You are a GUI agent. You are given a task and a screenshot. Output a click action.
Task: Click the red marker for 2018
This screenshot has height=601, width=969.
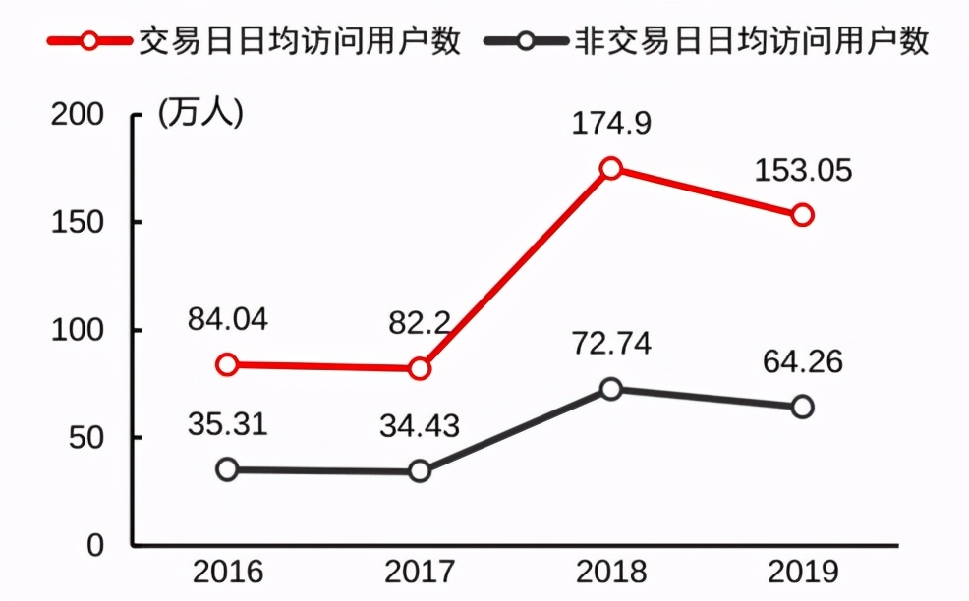[x=611, y=168]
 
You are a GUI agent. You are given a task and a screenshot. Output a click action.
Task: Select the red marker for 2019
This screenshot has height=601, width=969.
[x=802, y=215]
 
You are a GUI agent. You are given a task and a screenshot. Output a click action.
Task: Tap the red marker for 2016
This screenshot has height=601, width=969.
[x=227, y=364]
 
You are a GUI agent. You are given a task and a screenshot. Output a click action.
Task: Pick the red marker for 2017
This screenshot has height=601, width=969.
[x=420, y=368]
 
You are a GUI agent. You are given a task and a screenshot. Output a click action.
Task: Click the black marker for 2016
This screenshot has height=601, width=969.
[x=227, y=469]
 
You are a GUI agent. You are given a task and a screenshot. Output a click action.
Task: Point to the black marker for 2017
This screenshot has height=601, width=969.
[x=420, y=471]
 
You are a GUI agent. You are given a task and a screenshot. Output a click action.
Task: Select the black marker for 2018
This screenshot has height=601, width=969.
[x=611, y=389]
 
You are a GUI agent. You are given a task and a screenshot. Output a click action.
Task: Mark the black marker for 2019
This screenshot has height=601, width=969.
[x=802, y=407]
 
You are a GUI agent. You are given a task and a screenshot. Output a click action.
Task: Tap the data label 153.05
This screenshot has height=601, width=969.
[x=803, y=171]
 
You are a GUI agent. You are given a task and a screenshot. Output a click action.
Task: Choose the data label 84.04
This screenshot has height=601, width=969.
[x=227, y=320]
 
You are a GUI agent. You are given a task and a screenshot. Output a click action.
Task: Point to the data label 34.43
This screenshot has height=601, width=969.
[x=420, y=427]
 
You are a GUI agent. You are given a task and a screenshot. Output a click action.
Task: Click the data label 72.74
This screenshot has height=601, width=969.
[x=611, y=345]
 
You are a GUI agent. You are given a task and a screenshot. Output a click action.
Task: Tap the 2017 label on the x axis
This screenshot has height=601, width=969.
[x=420, y=572]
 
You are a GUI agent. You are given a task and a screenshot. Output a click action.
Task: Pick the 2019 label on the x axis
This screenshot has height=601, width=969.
[x=803, y=572]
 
